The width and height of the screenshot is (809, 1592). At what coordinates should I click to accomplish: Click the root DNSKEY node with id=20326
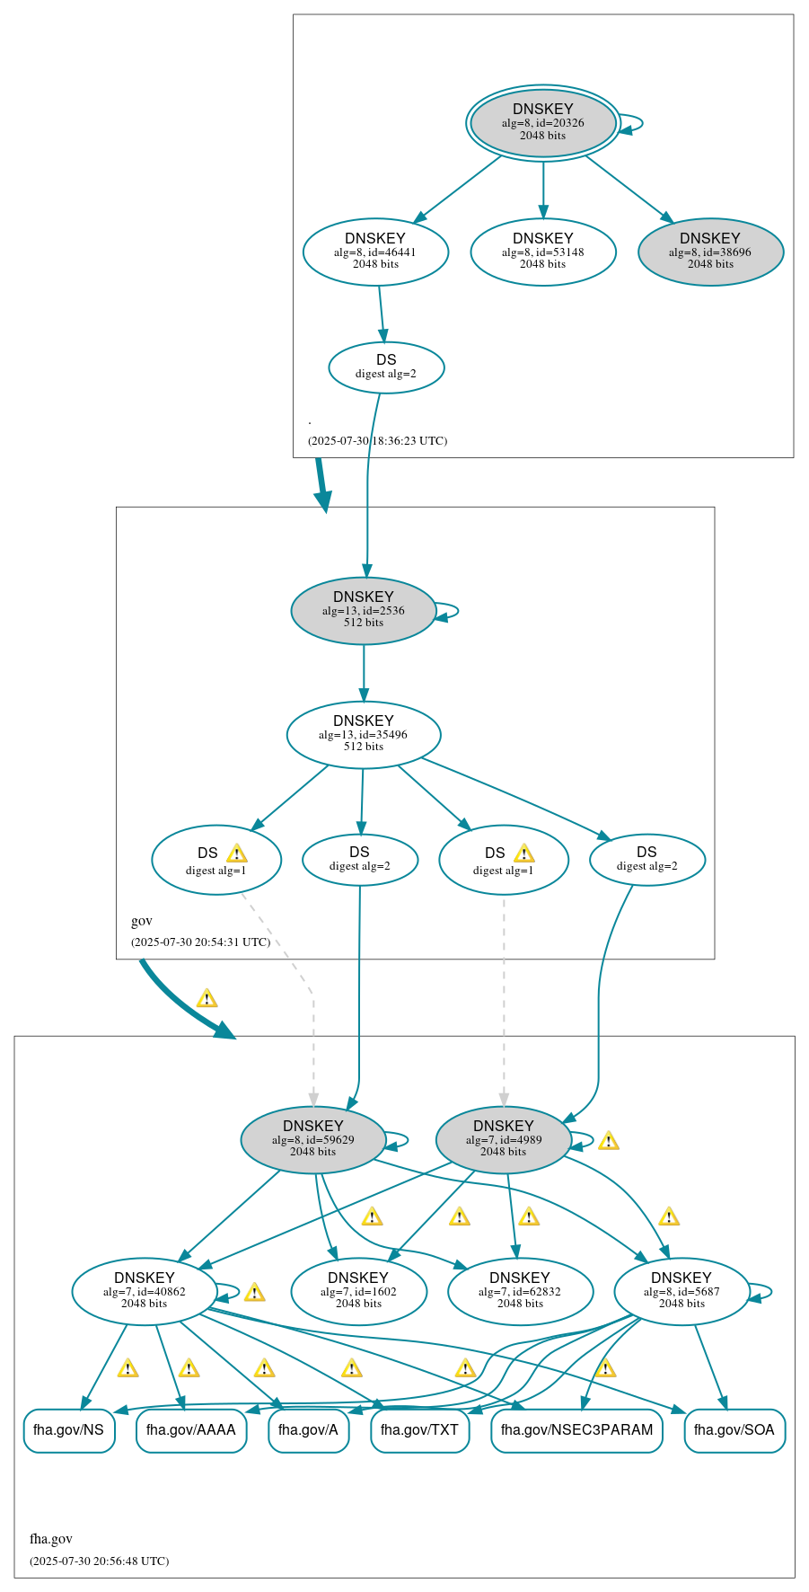pyautogui.click(x=542, y=123)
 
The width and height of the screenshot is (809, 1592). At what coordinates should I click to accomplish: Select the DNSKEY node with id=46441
pyautogui.click(x=375, y=252)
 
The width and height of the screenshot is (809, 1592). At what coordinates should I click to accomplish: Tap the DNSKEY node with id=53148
pyautogui.click(x=542, y=252)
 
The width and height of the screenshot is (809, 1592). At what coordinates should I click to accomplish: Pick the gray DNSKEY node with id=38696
pyautogui.click(x=710, y=252)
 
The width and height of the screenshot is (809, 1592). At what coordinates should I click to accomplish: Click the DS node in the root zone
pyautogui.click(x=386, y=367)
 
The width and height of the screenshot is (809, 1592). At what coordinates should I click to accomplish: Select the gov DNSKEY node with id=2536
pyautogui.click(x=364, y=611)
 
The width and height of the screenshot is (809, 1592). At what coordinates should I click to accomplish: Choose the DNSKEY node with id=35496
pyautogui.click(x=364, y=735)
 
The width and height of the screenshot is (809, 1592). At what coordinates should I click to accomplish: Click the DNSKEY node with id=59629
pyautogui.click(x=313, y=1140)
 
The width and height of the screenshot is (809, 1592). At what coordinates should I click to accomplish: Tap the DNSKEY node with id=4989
pyautogui.click(x=504, y=1140)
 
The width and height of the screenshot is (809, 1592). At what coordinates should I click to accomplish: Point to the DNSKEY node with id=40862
pyautogui.click(x=145, y=1292)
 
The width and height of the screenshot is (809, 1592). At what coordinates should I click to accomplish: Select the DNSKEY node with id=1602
pyautogui.click(x=358, y=1292)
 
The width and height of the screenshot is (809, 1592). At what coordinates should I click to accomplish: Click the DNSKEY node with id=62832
pyautogui.click(x=520, y=1292)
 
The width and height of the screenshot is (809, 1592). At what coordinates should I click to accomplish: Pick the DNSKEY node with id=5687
pyautogui.click(x=681, y=1292)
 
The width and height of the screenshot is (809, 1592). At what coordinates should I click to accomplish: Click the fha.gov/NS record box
pyautogui.click(x=69, y=1430)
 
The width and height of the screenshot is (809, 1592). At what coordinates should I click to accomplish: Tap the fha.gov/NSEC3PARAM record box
pyautogui.click(x=576, y=1430)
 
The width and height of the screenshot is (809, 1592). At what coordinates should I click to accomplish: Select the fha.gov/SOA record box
pyautogui.click(x=734, y=1430)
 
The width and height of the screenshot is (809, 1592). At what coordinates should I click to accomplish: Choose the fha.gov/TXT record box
pyautogui.click(x=419, y=1430)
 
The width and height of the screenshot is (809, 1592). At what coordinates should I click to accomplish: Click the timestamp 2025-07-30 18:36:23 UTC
pyautogui.click(x=377, y=441)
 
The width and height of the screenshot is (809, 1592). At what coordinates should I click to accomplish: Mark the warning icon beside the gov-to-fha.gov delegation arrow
pyautogui.click(x=207, y=999)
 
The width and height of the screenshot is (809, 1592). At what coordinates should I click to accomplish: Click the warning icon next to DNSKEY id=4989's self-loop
pyautogui.click(x=609, y=1142)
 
